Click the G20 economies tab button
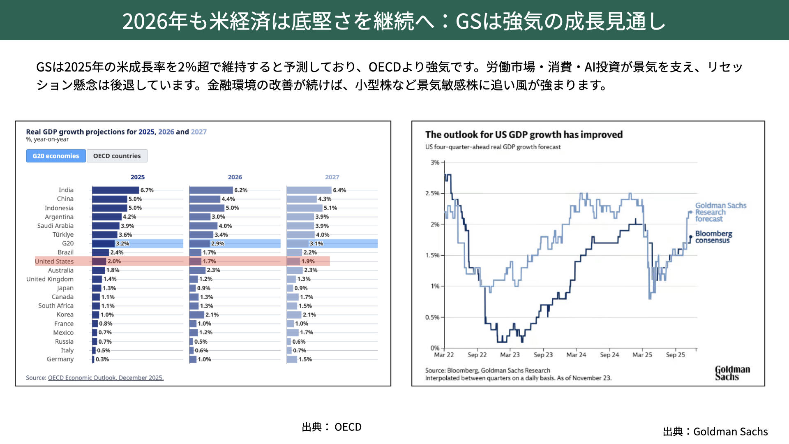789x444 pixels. (x=56, y=156)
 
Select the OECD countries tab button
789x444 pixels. (x=117, y=156)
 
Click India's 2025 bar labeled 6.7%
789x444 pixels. (x=115, y=190)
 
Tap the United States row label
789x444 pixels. (x=54, y=261)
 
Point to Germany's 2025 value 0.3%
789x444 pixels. (x=102, y=359)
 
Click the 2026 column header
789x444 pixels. (x=235, y=177)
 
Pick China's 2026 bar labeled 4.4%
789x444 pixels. (x=205, y=199)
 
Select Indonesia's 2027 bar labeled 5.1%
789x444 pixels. (x=305, y=208)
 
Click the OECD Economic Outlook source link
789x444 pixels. (x=106, y=378)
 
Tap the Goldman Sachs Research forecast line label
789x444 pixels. (x=720, y=212)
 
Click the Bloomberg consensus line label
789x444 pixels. (x=713, y=237)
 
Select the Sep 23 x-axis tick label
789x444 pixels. (x=543, y=355)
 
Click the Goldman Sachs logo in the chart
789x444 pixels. (x=732, y=373)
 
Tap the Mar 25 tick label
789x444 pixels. (x=642, y=355)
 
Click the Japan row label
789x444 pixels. (x=65, y=288)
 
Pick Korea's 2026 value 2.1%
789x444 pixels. (x=212, y=315)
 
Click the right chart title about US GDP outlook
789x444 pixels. (x=524, y=134)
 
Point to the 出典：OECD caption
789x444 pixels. (x=332, y=427)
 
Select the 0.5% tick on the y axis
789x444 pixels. (x=432, y=317)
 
